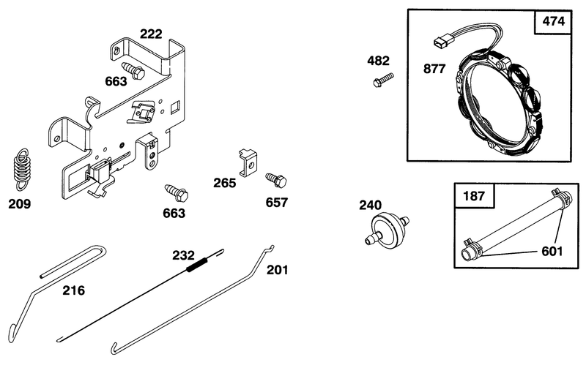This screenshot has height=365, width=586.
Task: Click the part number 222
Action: point(151,34)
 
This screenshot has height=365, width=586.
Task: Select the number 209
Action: point(20,204)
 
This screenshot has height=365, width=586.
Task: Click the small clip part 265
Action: point(248,162)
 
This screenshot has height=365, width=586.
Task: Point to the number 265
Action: point(225,183)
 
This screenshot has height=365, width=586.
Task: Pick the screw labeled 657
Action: point(276,180)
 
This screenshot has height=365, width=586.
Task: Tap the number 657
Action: point(277,203)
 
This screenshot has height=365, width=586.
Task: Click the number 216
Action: point(73,290)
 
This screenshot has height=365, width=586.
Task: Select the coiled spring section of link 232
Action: point(196,265)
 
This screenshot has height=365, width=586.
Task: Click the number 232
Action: point(184,255)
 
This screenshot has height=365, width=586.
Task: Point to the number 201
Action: point(278,269)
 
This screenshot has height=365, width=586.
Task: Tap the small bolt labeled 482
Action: point(383,80)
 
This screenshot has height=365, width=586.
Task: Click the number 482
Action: point(378,61)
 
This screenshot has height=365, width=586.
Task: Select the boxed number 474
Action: point(554,21)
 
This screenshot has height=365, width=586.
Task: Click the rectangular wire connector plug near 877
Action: point(440,42)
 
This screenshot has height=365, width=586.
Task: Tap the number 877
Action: point(434,69)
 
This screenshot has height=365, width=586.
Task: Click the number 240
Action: point(371,205)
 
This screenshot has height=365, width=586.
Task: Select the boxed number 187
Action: point(474,195)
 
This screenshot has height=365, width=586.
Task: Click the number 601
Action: point(552,251)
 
